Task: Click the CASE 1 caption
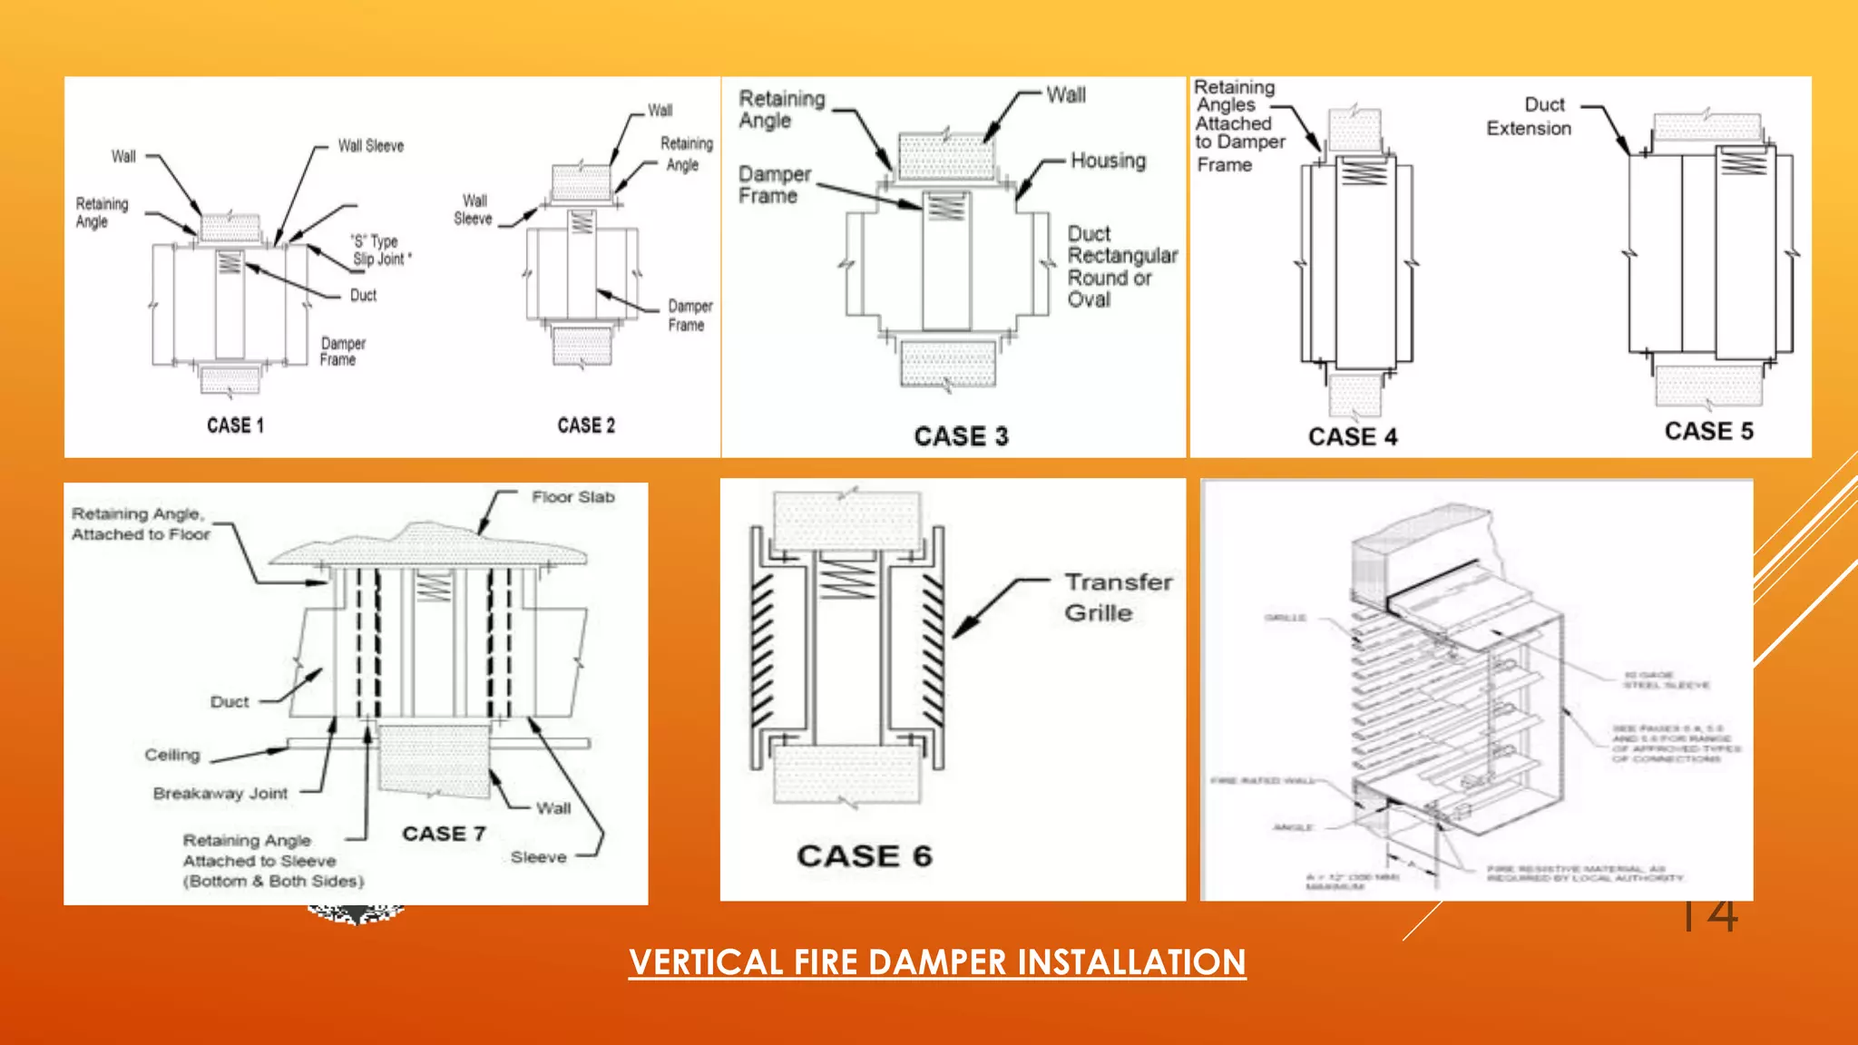pos(235,425)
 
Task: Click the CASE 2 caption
pos(586,425)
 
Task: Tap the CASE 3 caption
pos(961,436)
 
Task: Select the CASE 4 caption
pos(1352,436)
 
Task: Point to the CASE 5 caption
pos(1708,431)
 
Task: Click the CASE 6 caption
pos(864,855)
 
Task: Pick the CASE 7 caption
pos(444,833)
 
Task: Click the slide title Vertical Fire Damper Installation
pos(937,962)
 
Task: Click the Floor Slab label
pos(572,497)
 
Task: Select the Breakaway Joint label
pos(220,793)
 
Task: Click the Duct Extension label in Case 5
pos(1530,116)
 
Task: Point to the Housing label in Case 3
pos(1108,161)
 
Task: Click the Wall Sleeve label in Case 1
pos(370,146)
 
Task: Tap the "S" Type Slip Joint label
pos(380,250)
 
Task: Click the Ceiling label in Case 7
pos(171,755)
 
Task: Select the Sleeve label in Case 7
pos(538,856)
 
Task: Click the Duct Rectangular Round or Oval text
pos(1121,267)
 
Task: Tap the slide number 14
pos(1709,914)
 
